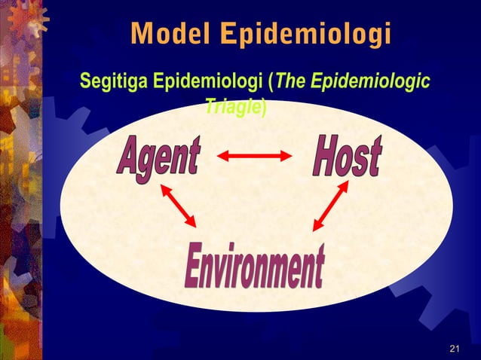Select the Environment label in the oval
pyautogui.click(x=255, y=267)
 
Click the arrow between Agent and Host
pyautogui.click(x=254, y=157)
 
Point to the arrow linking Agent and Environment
pyautogui.click(x=178, y=207)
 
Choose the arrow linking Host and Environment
pyautogui.click(x=329, y=205)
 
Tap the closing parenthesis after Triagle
pyautogui.click(x=263, y=107)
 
